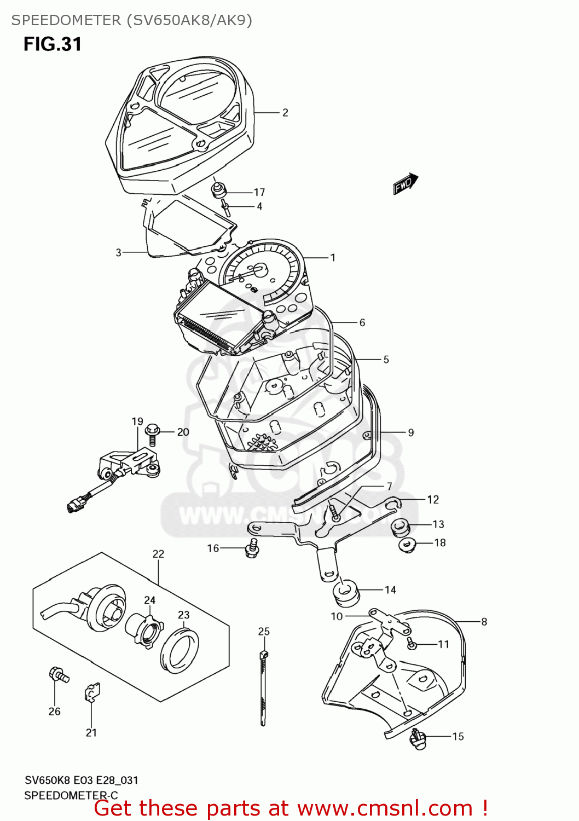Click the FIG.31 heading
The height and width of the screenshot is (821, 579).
(53, 44)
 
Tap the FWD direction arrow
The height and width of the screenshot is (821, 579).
(406, 183)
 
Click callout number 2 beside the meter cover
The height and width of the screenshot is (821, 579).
(285, 113)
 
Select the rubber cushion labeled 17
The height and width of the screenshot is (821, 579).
(219, 192)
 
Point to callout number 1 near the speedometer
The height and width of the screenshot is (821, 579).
(332, 257)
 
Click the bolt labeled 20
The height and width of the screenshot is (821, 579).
(153, 434)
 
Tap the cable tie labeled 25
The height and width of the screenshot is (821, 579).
(263, 684)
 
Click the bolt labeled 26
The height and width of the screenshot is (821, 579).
(58, 674)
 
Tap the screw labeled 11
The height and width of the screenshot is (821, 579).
(413, 645)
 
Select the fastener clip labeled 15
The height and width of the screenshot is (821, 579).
(418, 739)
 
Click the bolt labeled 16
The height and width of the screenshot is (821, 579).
(252, 547)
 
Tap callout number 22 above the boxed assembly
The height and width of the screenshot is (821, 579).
(158, 554)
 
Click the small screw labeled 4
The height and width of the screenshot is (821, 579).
(226, 207)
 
